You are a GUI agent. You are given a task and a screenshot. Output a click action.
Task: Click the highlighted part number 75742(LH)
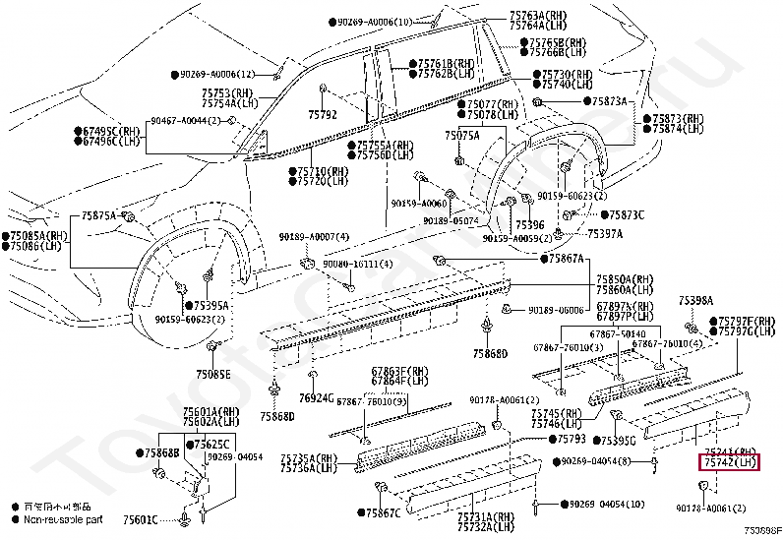(x=729, y=461)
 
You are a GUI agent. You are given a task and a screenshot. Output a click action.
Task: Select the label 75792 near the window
(x=322, y=115)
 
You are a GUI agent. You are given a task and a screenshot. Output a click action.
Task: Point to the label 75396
(x=528, y=225)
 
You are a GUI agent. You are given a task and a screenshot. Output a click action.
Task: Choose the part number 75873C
(x=626, y=214)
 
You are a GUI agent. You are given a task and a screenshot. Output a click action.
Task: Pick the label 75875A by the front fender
(x=98, y=214)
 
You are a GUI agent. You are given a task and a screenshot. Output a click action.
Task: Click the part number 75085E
(x=212, y=374)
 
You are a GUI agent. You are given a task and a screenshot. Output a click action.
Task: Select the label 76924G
(x=314, y=398)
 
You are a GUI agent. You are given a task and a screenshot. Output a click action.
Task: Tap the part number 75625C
(x=211, y=444)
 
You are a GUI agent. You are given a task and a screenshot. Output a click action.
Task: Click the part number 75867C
(x=385, y=512)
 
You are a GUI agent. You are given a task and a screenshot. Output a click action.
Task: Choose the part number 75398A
(x=695, y=299)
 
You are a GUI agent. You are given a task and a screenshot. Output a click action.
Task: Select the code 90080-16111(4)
(x=361, y=265)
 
